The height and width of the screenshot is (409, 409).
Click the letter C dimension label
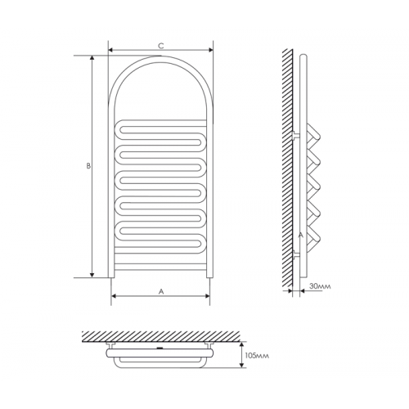point(161,46)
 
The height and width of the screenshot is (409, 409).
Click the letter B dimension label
point(88,166)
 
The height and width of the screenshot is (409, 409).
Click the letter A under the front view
point(161,291)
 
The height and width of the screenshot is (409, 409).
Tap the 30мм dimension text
point(320,286)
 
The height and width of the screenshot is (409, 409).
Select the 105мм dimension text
point(257,356)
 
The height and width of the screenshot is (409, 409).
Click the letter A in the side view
point(301,235)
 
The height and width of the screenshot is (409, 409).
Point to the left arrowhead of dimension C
point(110,50)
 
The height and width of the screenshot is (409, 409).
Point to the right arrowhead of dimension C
point(211,50)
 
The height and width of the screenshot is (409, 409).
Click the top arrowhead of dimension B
point(92,58)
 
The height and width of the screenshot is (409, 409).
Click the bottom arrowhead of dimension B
point(92,275)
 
